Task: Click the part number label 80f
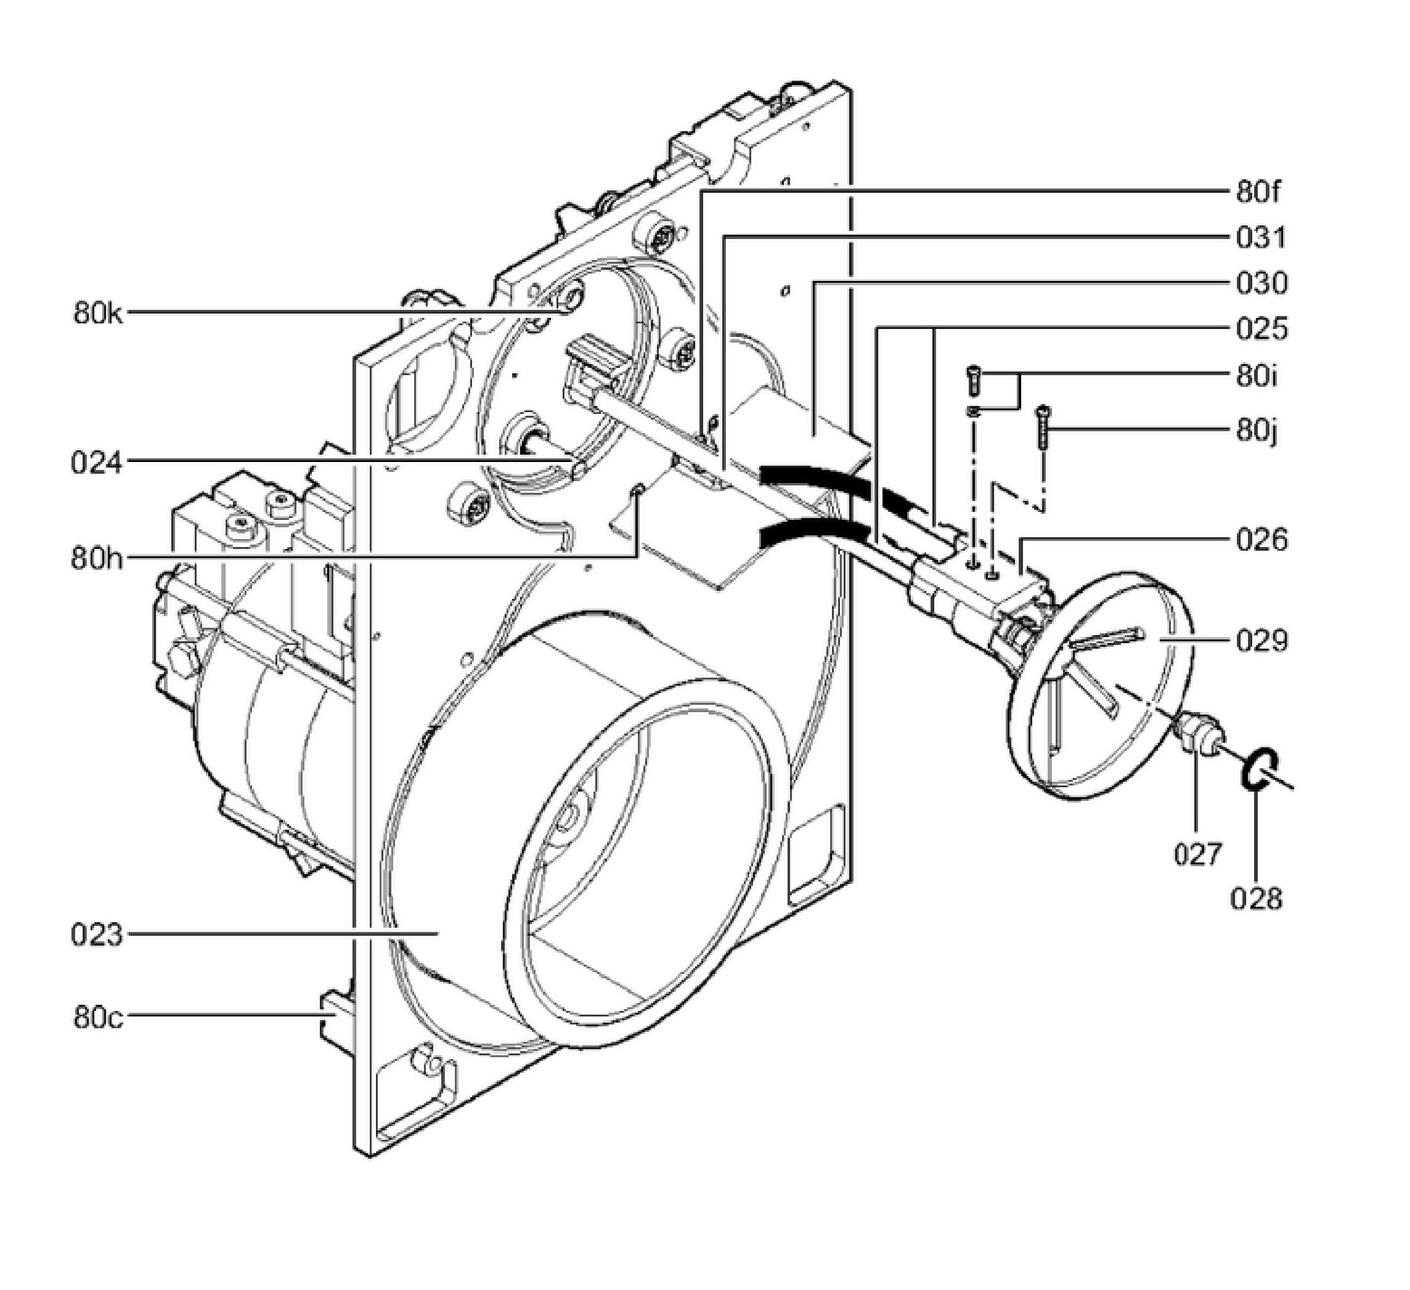pos(1259,191)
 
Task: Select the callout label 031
pos(1261,238)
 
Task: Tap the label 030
pos(1261,284)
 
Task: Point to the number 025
pos(1261,329)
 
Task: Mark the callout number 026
pos(1261,541)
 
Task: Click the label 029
pos(1261,640)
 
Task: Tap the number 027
pos(1197,854)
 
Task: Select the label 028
pos(1255,899)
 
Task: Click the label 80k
pos(98,312)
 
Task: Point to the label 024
pos(97,462)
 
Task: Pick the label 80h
pos(97,557)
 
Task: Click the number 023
pos(97,936)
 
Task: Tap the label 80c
pos(98,1018)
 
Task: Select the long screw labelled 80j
pos(1043,430)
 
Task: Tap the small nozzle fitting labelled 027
pos(1197,733)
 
